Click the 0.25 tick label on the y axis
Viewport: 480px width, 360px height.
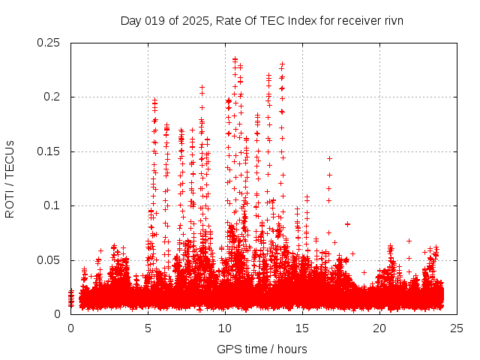pyautogui.click(x=51, y=43)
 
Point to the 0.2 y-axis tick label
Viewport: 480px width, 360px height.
pyautogui.click(x=54, y=97)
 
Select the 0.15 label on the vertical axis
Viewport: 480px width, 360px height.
pyautogui.click(x=51, y=151)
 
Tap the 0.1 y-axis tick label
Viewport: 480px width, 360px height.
pyautogui.click(x=54, y=205)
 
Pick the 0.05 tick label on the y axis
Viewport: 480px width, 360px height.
pyautogui.click(x=51, y=260)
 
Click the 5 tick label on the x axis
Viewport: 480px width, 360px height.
pyautogui.click(x=148, y=328)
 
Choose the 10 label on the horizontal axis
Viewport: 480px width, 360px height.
pyautogui.click(x=225, y=328)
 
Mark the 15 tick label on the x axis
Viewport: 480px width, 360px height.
pyautogui.click(x=302, y=328)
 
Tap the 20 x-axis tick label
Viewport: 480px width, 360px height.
pyautogui.click(x=379, y=328)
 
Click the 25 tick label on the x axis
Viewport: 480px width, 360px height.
pyautogui.click(x=457, y=328)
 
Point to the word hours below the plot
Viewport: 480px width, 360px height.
pyautogui.click(x=291, y=349)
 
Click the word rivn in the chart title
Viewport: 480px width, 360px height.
pyautogui.click(x=394, y=20)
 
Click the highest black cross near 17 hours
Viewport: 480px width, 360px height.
pyautogui.click(x=329, y=158)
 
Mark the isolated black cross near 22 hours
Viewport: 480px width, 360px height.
pyautogui.click(x=409, y=241)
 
